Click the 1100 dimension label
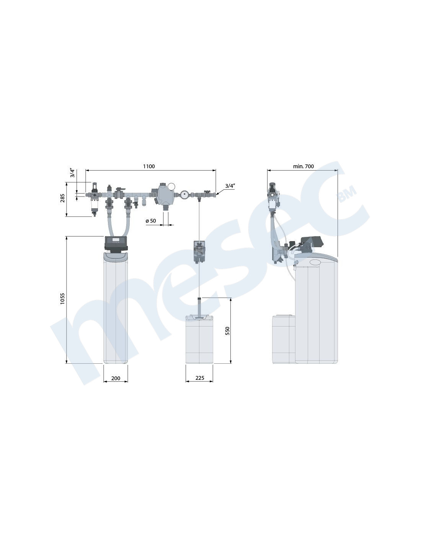[149, 166]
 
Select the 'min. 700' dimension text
[303, 166]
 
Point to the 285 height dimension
[63, 198]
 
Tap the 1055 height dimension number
[62, 299]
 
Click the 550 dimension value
[227, 331]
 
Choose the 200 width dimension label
[116, 378]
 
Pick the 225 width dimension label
[200, 378]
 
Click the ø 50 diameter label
[151, 221]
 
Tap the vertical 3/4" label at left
[72, 173]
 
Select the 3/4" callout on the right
[230, 186]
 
